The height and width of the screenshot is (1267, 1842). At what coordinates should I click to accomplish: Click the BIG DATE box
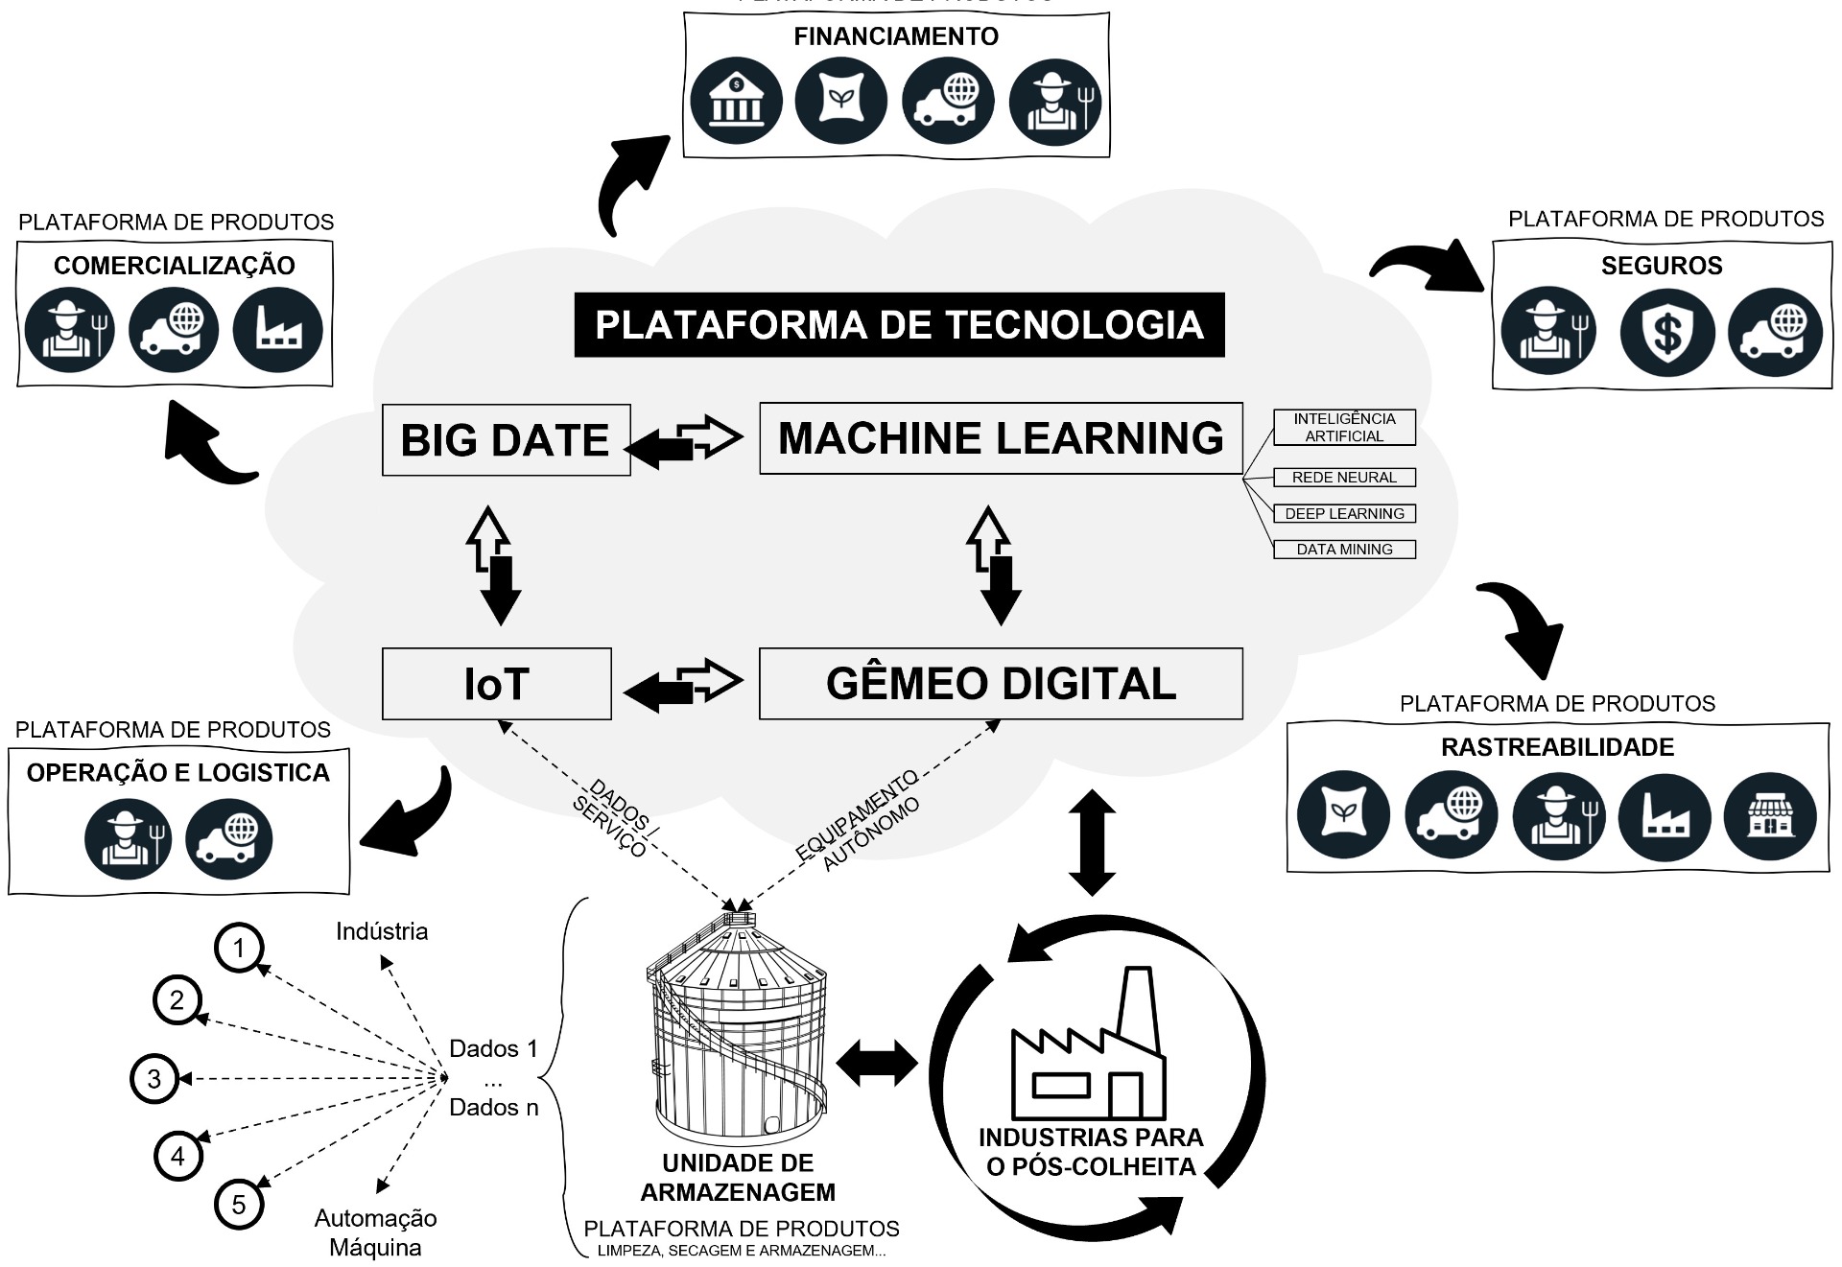point(506,440)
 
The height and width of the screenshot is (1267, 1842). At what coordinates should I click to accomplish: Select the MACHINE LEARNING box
point(1001,438)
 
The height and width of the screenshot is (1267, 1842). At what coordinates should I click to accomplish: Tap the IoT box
point(496,684)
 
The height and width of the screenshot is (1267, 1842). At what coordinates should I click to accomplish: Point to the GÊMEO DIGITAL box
point(1001,684)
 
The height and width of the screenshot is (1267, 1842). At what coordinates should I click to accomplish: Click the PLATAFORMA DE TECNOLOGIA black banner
point(899,325)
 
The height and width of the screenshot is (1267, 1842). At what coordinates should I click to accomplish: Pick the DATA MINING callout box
point(1344,550)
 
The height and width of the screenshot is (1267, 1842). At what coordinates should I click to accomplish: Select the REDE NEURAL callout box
point(1344,478)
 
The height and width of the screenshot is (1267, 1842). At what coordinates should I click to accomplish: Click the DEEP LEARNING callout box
point(1344,514)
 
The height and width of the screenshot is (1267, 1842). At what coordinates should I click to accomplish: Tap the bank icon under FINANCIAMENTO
point(736,102)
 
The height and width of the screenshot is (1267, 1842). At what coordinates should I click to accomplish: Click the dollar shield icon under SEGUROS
point(1666,333)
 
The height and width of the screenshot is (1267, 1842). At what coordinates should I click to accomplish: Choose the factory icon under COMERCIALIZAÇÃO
point(278,331)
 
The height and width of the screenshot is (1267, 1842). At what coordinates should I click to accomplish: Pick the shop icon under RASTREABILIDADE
point(1770,816)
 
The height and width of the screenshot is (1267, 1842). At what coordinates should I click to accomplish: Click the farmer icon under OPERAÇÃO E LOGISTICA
point(128,838)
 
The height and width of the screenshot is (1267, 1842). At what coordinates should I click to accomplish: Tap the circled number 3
point(153,1079)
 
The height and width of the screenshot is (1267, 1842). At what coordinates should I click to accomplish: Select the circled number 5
point(239,1205)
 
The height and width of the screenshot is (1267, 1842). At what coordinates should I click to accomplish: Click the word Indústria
point(382,931)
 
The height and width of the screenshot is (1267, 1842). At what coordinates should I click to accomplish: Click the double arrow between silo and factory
point(877,1064)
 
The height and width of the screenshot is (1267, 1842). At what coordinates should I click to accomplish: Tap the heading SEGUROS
point(1662,266)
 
